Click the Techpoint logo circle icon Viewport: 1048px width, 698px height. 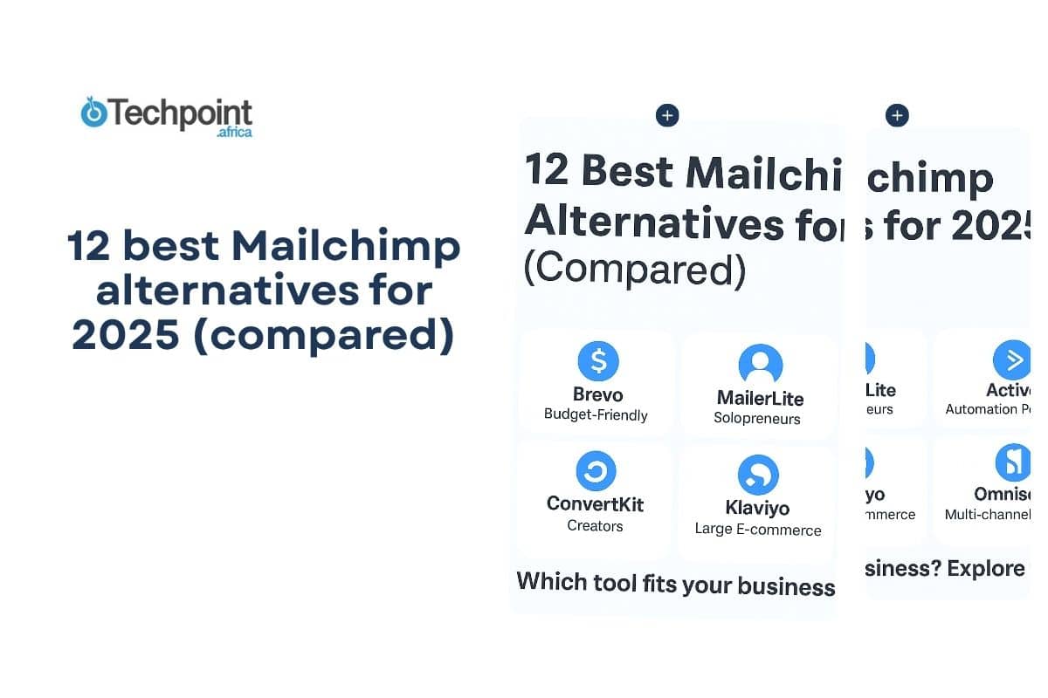(x=93, y=113)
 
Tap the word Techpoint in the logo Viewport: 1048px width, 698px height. (x=179, y=113)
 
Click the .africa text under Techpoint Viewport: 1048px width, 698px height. (x=234, y=133)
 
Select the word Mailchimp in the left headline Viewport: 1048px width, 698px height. (x=346, y=247)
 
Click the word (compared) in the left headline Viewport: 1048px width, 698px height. (x=323, y=336)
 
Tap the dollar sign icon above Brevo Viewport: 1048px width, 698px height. (x=598, y=360)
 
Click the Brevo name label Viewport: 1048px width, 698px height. (x=598, y=393)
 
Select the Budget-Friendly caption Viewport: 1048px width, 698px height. (x=596, y=414)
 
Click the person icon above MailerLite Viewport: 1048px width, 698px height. (x=760, y=364)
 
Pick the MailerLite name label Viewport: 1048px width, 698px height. (x=760, y=398)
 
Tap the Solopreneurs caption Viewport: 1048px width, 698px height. (x=757, y=418)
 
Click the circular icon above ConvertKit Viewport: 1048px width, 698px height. (x=596, y=471)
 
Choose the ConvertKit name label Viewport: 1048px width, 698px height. (x=596, y=503)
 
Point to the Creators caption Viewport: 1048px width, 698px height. (x=595, y=525)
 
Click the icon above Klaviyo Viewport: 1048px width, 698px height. (x=758, y=475)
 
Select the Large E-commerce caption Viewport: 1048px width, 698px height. (x=758, y=529)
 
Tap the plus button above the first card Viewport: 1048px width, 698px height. (x=667, y=115)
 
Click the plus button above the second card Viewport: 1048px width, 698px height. (x=897, y=115)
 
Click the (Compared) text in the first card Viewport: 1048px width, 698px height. (x=635, y=270)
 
